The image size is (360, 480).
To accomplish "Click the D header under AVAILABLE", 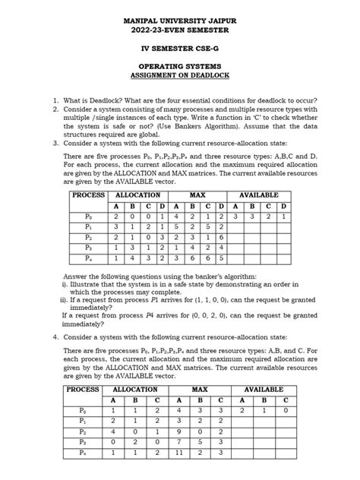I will click(x=283, y=206).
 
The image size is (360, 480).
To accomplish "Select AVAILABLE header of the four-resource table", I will click(x=259, y=195).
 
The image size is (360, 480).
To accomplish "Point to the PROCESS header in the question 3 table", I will click(x=89, y=195).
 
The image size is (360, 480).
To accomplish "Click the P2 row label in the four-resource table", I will click(x=88, y=237).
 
